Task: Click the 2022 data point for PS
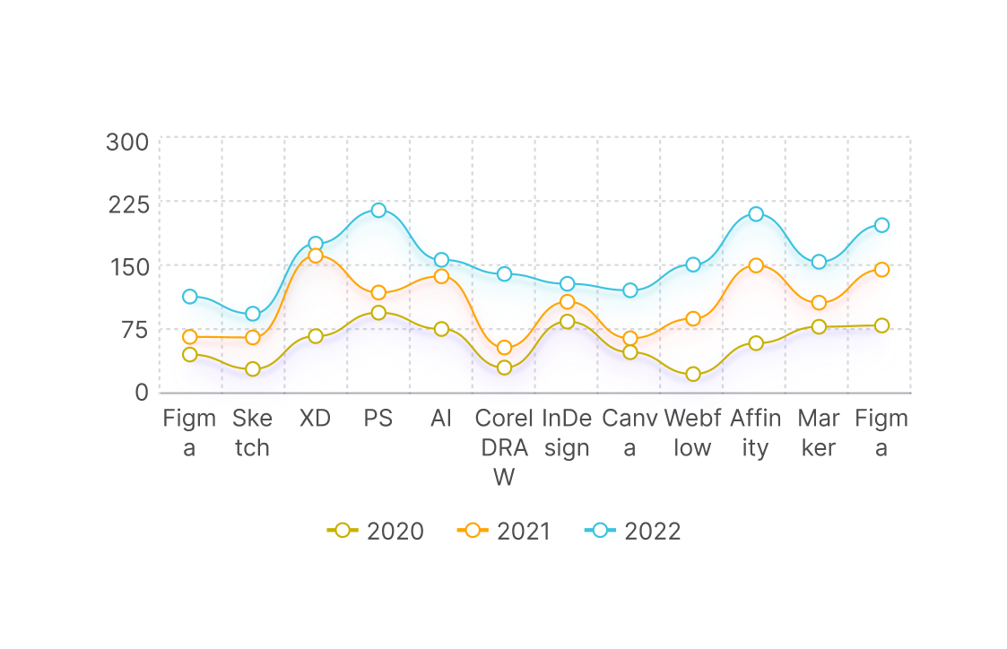click(378, 211)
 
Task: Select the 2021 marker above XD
click(316, 255)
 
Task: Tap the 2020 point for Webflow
click(692, 374)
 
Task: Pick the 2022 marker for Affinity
click(756, 214)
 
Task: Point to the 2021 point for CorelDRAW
click(504, 348)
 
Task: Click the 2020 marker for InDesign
click(567, 322)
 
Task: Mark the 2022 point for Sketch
click(253, 314)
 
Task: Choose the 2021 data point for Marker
click(819, 303)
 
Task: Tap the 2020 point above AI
click(441, 329)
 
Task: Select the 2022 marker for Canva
click(630, 290)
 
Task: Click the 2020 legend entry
click(376, 531)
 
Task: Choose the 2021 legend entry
click(505, 531)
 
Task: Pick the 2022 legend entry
click(633, 531)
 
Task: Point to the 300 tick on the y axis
click(126, 143)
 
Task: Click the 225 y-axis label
click(126, 204)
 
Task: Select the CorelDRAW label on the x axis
click(504, 447)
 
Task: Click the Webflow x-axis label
click(692, 433)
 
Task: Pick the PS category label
click(378, 419)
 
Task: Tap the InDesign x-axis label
click(567, 433)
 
